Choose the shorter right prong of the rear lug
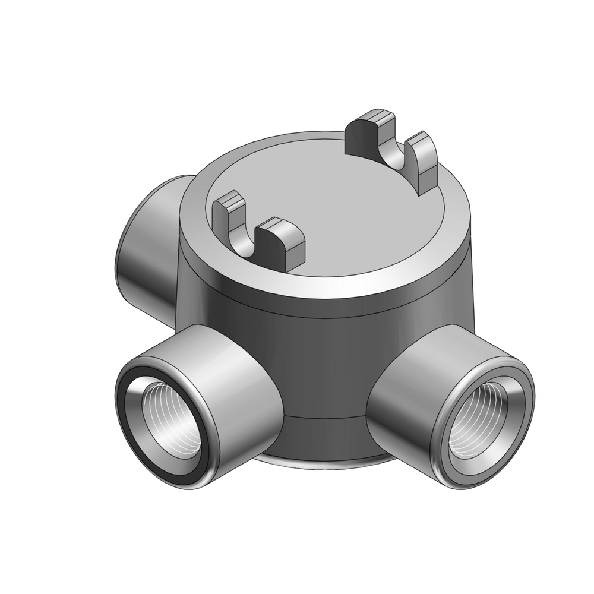point(423,160)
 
